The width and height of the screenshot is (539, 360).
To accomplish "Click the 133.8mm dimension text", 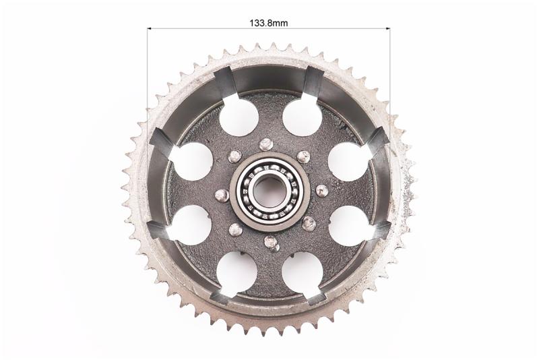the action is pyautogui.click(x=268, y=23).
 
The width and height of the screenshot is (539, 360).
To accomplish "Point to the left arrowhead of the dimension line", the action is pyautogui.click(x=150, y=28).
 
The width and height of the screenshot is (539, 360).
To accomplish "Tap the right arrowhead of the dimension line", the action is pyautogui.click(x=388, y=28).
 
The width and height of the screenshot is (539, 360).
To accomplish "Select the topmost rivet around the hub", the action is pyautogui.click(x=266, y=144).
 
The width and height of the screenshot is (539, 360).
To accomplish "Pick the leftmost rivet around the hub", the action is pyautogui.click(x=222, y=196).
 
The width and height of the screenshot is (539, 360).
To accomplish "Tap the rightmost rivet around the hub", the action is pyautogui.click(x=322, y=191).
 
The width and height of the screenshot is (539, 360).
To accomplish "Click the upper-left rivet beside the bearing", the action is pyautogui.click(x=234, y=156).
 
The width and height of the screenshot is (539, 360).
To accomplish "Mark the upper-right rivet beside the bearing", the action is pyautogui.click(x=303, y=157).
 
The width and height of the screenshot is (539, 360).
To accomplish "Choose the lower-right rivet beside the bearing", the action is pyautogui.click(x=309, y=224).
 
